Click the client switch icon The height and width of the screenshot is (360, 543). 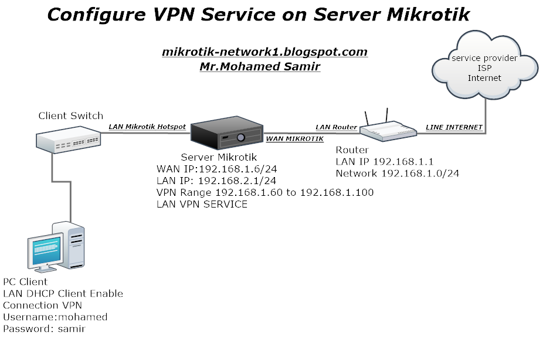(x=68, y=140)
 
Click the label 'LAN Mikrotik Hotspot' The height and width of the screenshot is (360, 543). (x=147, y=127)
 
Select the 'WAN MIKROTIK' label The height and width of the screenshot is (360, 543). (x=295, y=139)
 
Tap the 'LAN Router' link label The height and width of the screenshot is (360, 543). (x=336, y=127)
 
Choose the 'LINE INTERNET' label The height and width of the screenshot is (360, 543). (x=453, y=127)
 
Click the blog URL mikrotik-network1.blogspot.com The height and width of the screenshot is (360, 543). (x=264, y=52)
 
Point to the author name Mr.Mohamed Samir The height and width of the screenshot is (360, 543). (x=260, y=66)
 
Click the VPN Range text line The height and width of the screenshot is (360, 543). (x=264, y=192)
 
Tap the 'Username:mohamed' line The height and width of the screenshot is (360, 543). (x=55, y=317)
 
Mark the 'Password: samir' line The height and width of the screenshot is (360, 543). (x=44, y=328)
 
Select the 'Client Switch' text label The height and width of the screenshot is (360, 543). (x=70, y=116)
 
